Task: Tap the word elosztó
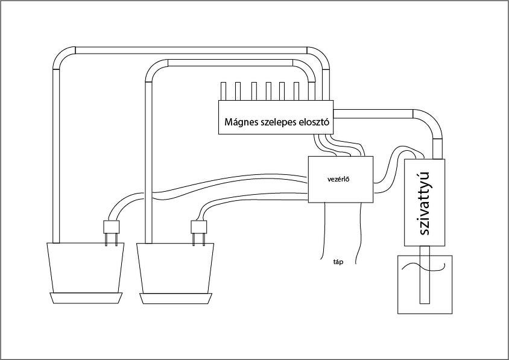(313, 122)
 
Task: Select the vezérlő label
(338, 179)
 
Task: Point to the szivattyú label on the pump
(425, 203)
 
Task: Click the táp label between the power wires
(338, 262)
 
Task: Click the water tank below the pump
(425, 285)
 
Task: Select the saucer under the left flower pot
(86, 298)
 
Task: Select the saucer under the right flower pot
(176, 298)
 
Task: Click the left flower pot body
(86, 268)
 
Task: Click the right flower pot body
(175, 268)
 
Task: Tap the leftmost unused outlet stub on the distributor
(223, 91)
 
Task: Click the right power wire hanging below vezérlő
(359, 233)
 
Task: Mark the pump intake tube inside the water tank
(425, 274)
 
